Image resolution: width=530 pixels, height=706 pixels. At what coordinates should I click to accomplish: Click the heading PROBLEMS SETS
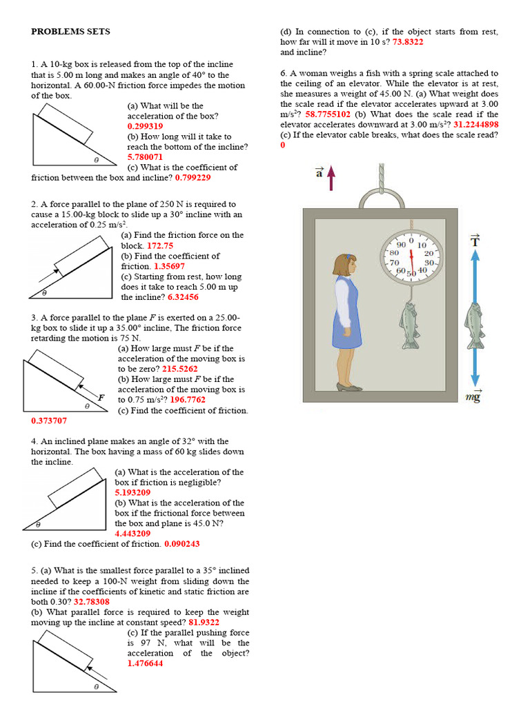pyautogui.click(x=70, y=32)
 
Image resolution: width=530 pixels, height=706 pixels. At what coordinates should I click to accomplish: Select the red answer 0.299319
pyautogui.click(x=145, y=126)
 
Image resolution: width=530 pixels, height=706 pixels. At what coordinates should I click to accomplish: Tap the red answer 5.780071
pyautogui.click(x=145, y=157)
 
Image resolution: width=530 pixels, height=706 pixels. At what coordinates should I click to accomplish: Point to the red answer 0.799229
pyautogui.click(x=193, y=177)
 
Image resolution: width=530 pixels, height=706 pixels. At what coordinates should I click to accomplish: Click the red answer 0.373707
pyautogui.click(x=49, y=421)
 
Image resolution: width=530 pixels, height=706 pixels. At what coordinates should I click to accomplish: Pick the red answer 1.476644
pyautogui.click(x=145, y=663)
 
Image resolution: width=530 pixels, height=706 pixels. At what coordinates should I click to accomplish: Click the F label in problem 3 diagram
pyautogui.click(x=101, y=398)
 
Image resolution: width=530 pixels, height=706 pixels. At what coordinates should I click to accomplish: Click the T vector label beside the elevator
pyautogui.click(x=474, y=240)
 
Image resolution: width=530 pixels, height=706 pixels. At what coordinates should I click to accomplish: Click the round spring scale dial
pyautogui.click(x=411, y=256)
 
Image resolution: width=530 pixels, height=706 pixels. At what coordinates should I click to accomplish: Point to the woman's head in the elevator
pyautogui.click(x=344, y=265)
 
